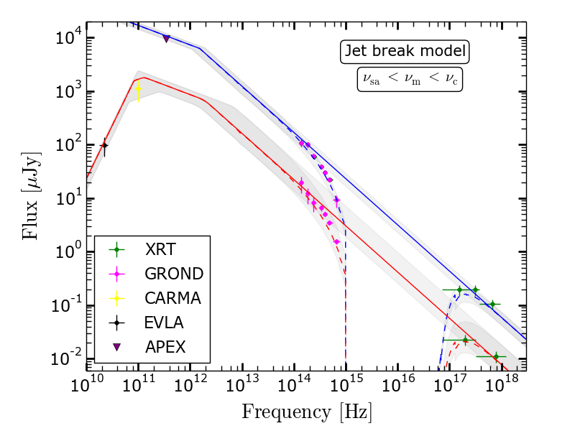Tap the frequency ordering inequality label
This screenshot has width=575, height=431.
coord(409,78)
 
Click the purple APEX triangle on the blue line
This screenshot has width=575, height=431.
coord(167,39)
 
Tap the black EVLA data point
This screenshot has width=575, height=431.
coord(104,146)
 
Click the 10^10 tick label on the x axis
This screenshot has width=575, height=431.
coord(87,384)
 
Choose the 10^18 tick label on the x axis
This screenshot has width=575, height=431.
coord(500,384)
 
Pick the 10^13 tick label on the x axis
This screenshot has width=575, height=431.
coord(242,384)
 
